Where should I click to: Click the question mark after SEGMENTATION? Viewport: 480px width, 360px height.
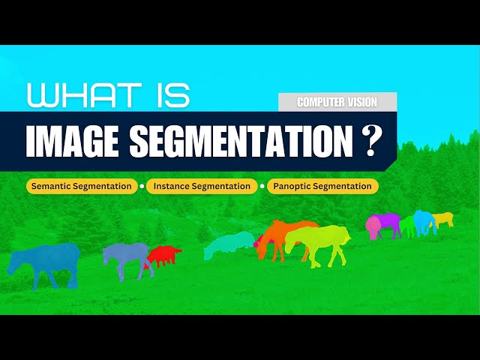(x=369, y=141)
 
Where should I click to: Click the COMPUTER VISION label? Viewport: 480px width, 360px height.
(x=337, y=102)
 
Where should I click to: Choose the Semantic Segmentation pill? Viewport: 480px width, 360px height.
(x=82, y=186)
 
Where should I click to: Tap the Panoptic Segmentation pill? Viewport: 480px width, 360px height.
(x=322, y=186)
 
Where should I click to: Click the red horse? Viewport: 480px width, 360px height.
(x=163, y=255)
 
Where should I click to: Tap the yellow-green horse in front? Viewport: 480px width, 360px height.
(x=319, y=241)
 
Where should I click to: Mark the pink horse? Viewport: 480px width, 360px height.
(x=373, y=226)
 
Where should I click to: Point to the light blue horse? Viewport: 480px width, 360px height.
(x=424, y=220)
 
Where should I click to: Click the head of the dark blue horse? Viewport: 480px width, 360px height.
(x=15, y=262)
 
